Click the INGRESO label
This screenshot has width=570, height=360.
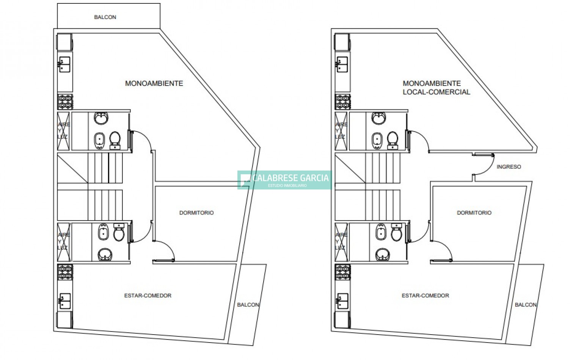point(509,167)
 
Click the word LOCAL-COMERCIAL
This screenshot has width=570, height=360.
point(436,92)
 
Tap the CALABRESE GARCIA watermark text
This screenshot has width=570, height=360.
point(290,178)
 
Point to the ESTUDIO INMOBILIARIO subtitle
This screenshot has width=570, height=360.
point(287,186)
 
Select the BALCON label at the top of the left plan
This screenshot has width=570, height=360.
point(105,17)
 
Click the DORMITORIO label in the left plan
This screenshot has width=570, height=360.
point(196,213)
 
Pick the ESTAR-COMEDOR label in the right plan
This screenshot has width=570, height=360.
point(425,296)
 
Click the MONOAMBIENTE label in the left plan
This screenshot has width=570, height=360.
point(154,83)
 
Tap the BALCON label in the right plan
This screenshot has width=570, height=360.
point(526,305)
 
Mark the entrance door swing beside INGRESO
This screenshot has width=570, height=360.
point(484,165)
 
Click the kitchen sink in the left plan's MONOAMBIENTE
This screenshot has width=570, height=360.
point(64,64)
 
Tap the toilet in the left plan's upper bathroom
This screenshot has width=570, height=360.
point(115,140)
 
